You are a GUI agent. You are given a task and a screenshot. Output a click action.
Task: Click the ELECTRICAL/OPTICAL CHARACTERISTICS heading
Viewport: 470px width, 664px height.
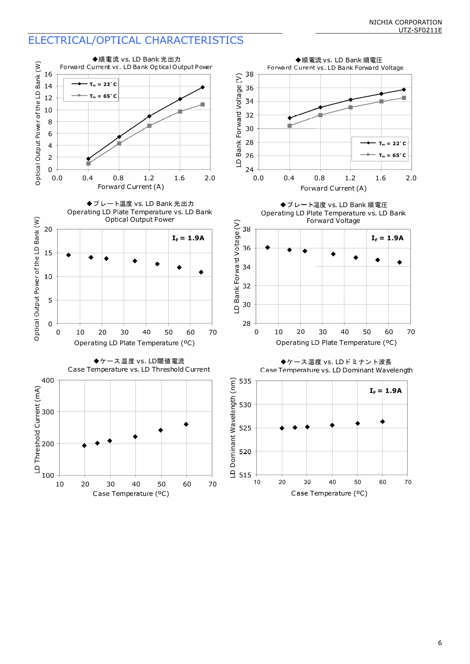135,40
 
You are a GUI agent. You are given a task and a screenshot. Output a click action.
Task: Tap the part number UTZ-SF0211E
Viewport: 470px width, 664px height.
420,30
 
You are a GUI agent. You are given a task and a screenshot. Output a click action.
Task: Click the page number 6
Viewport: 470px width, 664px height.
440,643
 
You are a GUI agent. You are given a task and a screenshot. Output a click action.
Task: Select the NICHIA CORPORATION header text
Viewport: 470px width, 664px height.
405,22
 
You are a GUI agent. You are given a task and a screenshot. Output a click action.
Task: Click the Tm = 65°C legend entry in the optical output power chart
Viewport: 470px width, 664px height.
94,96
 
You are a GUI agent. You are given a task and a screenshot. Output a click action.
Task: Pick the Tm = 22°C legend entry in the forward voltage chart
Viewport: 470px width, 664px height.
383,143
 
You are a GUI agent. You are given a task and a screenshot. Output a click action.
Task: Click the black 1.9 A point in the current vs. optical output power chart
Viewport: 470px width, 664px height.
203,87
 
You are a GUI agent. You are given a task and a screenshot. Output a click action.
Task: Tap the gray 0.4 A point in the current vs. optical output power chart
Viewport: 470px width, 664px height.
88,163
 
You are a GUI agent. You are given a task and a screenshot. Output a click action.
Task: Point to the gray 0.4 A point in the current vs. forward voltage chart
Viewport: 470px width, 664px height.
290,126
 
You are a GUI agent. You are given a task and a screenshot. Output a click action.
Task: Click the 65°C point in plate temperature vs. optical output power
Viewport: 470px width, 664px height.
201,272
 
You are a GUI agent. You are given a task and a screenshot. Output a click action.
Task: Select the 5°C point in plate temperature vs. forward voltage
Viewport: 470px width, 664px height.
267,247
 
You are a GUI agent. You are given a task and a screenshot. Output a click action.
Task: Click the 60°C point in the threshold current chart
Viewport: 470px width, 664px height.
186,424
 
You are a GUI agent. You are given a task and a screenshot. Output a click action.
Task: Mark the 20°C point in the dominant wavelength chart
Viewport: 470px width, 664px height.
282,428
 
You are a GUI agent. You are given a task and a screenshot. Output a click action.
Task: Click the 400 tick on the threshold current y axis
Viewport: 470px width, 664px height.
48,380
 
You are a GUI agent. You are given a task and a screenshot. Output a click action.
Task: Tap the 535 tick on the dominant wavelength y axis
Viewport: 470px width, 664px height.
245,381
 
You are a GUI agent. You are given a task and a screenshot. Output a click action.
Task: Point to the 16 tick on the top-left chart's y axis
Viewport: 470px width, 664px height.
48,75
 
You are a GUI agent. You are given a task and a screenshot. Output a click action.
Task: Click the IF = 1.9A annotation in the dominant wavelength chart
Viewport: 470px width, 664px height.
385,391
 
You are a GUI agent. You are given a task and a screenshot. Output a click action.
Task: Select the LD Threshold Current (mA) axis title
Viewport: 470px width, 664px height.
37,430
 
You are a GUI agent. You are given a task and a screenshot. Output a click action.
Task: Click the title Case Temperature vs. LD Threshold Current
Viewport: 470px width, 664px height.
139,369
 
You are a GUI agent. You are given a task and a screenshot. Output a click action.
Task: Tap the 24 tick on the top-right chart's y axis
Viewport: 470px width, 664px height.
250,170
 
